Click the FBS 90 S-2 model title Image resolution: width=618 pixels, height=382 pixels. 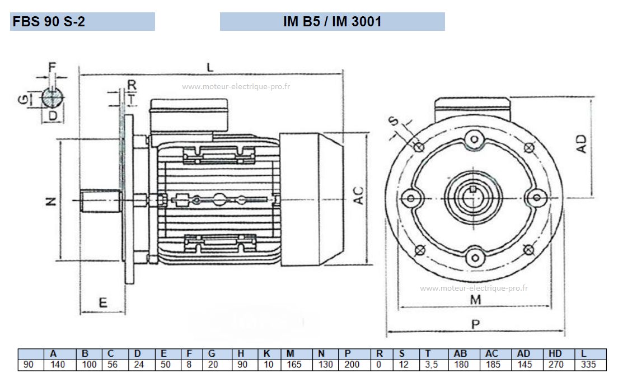point(49,21)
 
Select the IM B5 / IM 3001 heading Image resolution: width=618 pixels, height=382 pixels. point(333,21)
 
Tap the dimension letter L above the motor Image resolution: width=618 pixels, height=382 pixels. point(210,67)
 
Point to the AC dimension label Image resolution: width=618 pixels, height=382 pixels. point(358,195)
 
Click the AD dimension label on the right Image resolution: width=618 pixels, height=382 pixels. point(582,144)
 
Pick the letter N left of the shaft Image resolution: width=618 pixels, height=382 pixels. point(52,202)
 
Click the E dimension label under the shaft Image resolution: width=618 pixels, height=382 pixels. point(103,303)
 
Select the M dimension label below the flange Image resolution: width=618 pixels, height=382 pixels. point(476,300)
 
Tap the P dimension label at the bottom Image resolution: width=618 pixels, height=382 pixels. point(476,324)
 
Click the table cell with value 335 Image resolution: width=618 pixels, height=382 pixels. point(588,365)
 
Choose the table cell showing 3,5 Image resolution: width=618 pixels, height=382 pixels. point(432,365)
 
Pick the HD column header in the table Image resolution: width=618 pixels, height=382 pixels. point(555,353)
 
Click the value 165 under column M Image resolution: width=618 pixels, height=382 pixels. point(294,365)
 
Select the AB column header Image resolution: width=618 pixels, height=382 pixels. point(460,353)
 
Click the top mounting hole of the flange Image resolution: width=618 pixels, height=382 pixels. point(475,139)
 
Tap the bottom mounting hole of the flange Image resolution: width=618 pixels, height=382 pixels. point(475,258)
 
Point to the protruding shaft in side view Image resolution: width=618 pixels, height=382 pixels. point(101,201)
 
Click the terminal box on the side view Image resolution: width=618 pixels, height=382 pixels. point(189,115)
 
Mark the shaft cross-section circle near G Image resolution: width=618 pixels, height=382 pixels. point(53,97)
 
